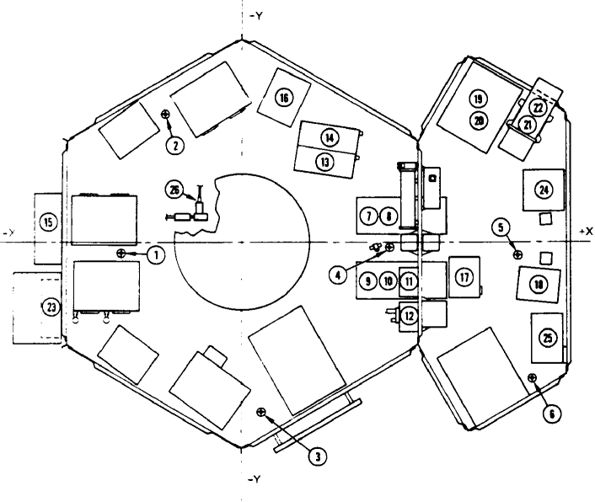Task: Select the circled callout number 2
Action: [175, 145]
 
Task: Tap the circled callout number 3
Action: [317, 456]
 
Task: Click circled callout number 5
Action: [501, 227]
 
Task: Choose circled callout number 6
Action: [552, 414]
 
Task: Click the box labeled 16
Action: [283, 98]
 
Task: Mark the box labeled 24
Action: [544, 190]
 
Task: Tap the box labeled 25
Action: [548, 338]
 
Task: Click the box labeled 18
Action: [538, 286]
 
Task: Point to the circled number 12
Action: [409, 317]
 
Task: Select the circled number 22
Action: [538, 108]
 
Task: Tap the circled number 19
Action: [478, 100]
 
